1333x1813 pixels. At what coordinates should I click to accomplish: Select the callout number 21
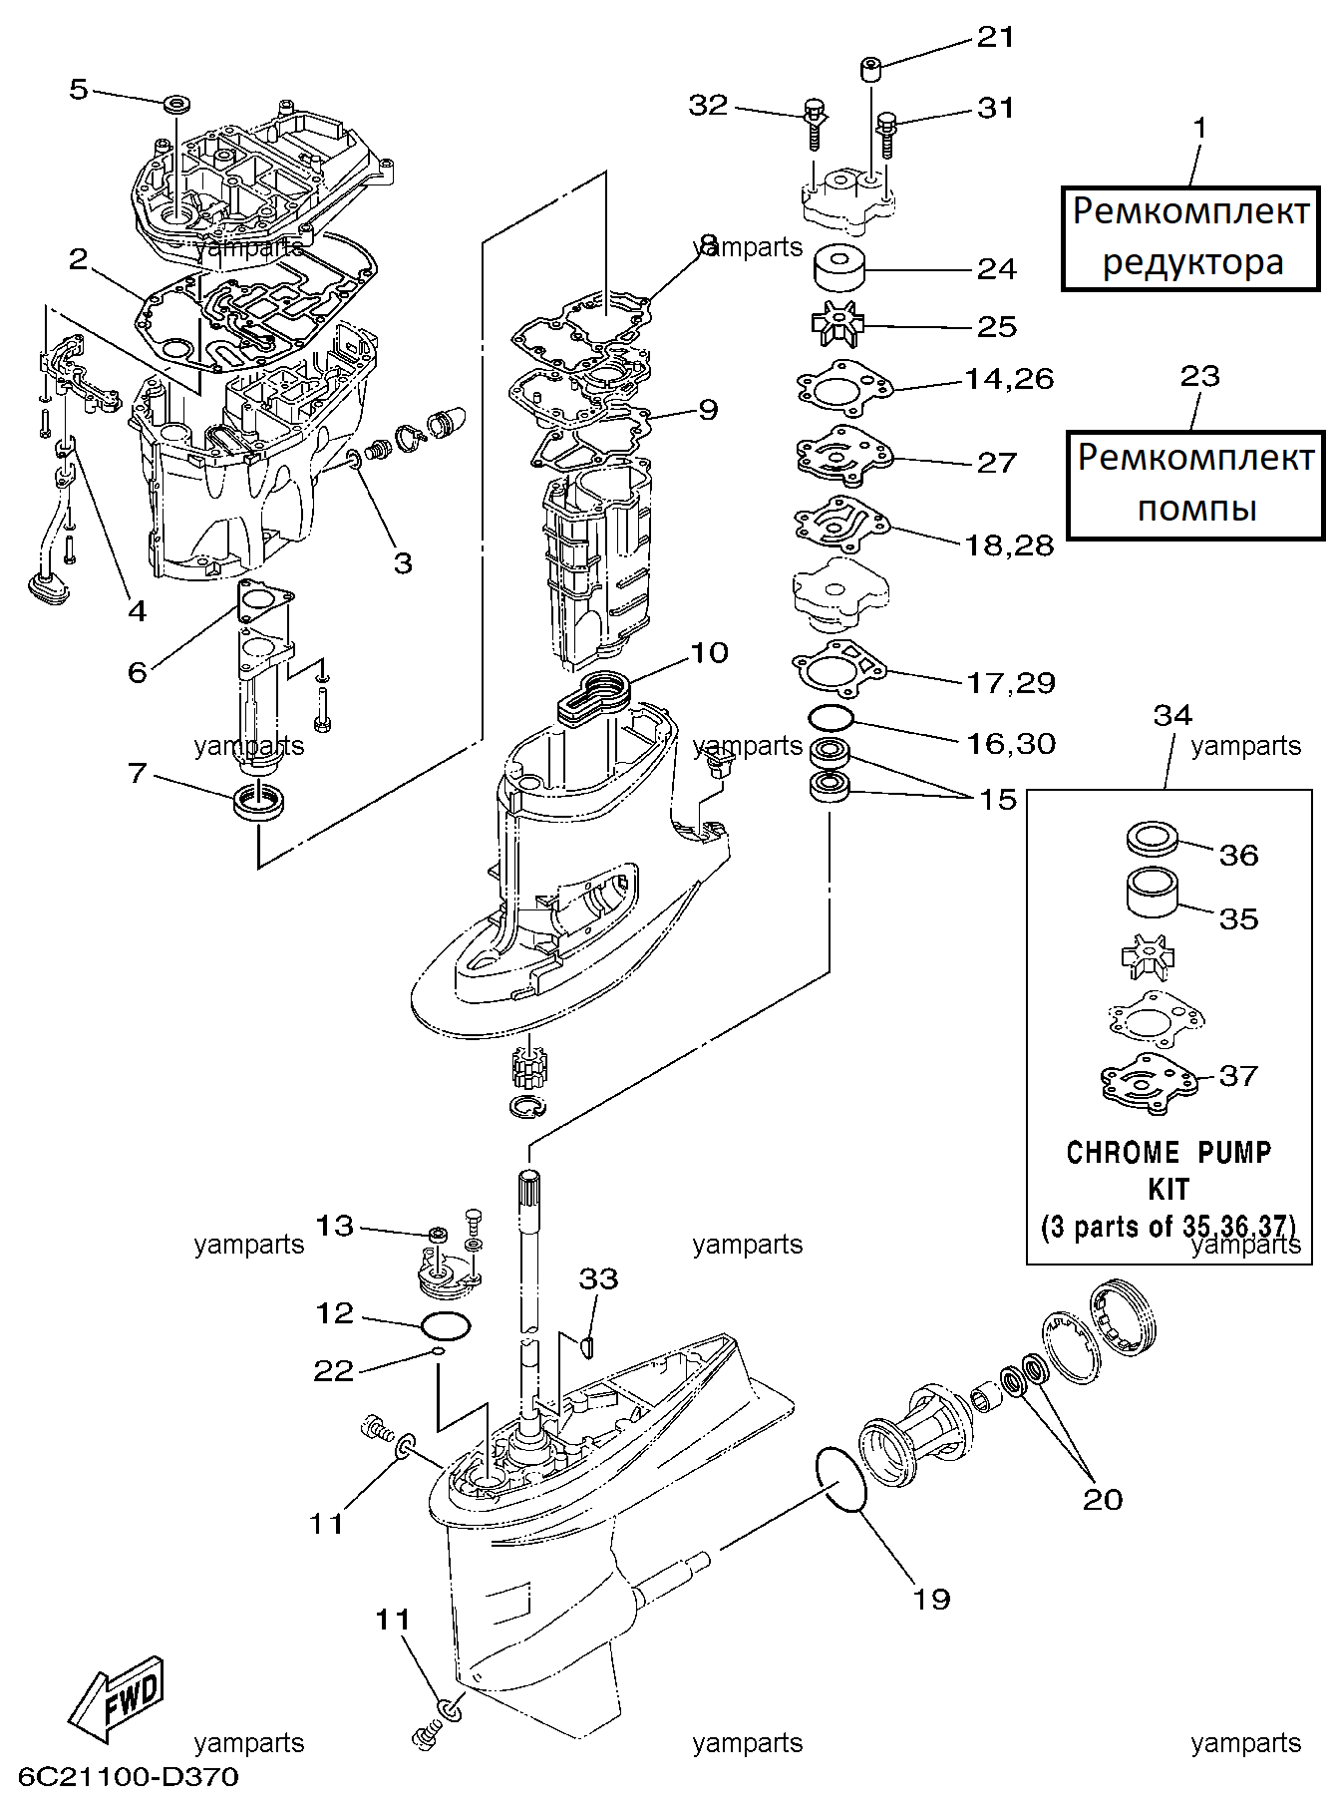coord(994,37)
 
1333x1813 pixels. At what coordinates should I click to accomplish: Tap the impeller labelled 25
coord(836,325)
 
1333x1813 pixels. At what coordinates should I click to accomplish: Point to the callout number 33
coord(598,1278)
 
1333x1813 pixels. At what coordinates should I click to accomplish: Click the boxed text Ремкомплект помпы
coord(1195,484)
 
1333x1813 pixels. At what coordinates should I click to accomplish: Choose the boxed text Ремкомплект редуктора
coord(1190,237)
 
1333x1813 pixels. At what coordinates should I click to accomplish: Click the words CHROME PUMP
coord(1168,1153)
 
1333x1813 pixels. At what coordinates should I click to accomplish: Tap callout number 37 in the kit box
coord(1238,1075)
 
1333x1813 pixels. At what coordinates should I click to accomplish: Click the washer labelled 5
coord(178,103)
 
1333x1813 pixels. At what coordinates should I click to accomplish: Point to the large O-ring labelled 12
coord(446,1326)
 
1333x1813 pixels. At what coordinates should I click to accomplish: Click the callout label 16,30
coord(1011,743)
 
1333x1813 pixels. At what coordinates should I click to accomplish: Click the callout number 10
coord(709,653)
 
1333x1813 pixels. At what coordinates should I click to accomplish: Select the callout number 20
coord(1103,1499)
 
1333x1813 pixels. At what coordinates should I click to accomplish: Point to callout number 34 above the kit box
coord(1172,715)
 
